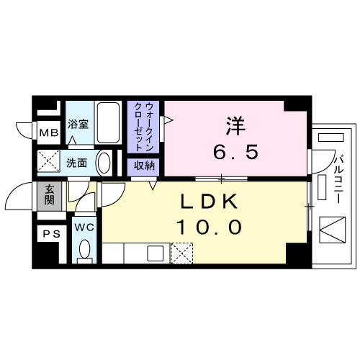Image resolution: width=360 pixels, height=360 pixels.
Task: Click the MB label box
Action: (x=49, y=132)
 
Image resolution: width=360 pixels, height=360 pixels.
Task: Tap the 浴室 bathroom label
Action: (x=78, y=124)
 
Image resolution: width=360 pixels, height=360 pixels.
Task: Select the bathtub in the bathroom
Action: (x=108, y=122)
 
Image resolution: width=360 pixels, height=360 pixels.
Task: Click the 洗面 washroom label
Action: (x=76, y=163)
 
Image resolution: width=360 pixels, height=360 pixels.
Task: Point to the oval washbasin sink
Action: (x=104, y=163)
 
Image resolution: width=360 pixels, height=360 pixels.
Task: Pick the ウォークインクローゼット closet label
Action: (x=143, y=127)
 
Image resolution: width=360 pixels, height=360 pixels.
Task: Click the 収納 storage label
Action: (x=144, y=166)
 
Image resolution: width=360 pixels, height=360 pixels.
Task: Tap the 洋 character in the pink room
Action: (x=235, y=125)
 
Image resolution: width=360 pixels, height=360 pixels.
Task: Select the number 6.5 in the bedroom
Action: (x=236, y=152)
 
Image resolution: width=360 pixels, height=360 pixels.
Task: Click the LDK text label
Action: (x=209, y=202)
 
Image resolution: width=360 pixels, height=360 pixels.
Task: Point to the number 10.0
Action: (x=209, y=227)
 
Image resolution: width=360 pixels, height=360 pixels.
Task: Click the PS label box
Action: (x=52, y=234)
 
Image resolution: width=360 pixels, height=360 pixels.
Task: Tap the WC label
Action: (x=84, y=228)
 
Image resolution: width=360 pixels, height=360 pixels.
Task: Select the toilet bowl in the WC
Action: (x=84, y=250)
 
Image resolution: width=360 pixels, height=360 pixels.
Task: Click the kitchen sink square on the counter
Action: (x=156, y=253)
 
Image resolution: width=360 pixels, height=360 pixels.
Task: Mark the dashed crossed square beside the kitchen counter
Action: (x=182, y=253)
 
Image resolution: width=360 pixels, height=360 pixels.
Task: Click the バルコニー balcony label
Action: (x=339, y=179)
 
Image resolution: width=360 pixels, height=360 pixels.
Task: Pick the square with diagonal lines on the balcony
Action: (x=333, y=230)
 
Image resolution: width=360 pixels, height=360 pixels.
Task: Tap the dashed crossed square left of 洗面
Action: (x=48, y=161)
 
